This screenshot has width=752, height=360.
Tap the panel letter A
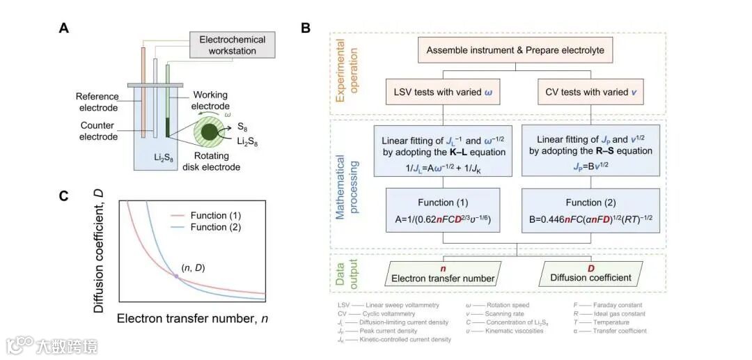(x=64, y=28)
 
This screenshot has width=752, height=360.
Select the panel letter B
(x=305, y=28)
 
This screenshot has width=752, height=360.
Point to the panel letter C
(x=64, y=196)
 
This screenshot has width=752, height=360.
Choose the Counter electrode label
(x=98, y=132)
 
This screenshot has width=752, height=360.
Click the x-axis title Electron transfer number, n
(x=192, y=318)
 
